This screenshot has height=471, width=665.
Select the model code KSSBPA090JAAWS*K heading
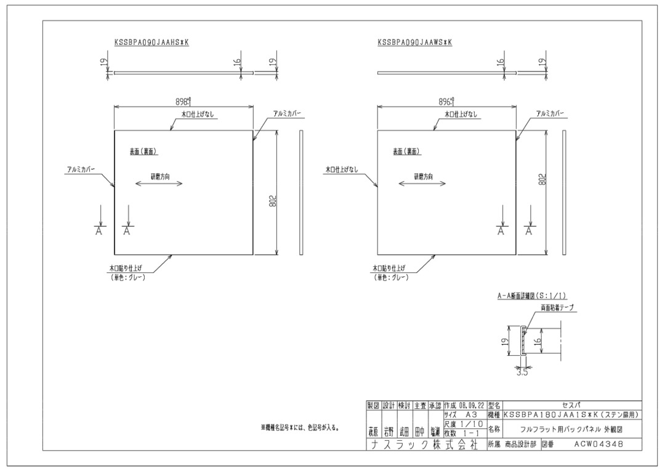coord(416,43)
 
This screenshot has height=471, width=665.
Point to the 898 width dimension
coord(182,101)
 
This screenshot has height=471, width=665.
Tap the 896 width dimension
coord(446,101)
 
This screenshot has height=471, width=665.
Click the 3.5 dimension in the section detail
coord(522,372)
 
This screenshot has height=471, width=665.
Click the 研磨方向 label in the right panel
coord(423,176)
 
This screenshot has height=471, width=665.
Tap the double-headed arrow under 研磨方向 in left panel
coord(160,184)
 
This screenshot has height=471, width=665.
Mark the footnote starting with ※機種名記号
coord(301,427)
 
